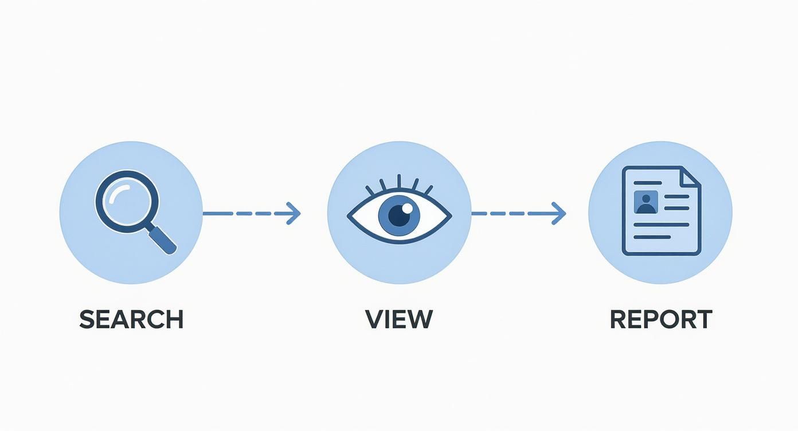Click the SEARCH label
click(x=131, y=319)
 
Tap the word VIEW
click(x=399, y=319)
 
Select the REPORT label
click(x=660, y=319)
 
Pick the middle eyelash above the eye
click(x=399, y=181)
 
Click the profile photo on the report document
click(x=646, y=202)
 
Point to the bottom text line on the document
click(x=652, y=237)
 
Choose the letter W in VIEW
click(x=420, y=319)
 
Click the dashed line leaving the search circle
click(x=241, y=213)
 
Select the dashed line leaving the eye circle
click(x=507, y=213)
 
